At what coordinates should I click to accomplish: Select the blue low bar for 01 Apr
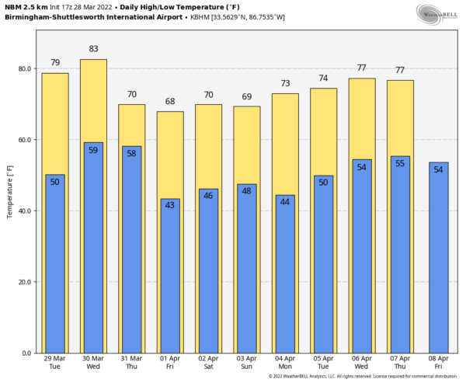(170, 280)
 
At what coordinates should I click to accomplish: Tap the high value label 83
(93, 49)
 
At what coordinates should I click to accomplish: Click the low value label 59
(93, 150)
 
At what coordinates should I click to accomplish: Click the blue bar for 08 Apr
(438, 264)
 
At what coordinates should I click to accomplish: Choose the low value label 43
(170, 206)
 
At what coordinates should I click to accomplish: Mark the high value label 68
(170, 101)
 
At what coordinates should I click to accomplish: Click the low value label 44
(285, 202)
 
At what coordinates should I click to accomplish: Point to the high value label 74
(323, 78)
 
